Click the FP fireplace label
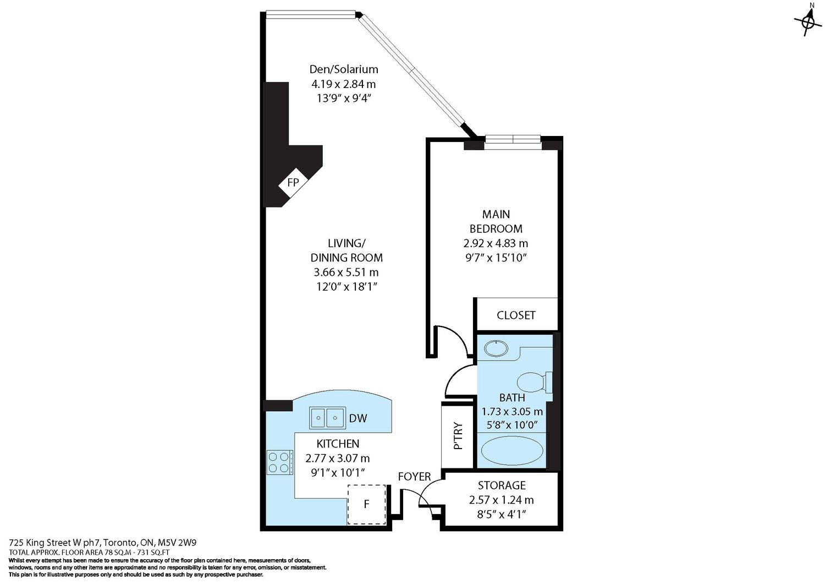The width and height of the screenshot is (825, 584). (x=293, y=183)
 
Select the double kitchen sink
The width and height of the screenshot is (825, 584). (x=327, y=418)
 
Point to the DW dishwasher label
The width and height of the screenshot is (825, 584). (x=358, y=418)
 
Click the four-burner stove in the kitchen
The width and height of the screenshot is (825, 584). (x=280, y=462)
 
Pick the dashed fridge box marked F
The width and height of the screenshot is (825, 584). (x=367, y=504)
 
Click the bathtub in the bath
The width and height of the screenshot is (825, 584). (x=512, y=451)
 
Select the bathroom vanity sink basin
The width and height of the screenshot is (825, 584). (x=496, y=348)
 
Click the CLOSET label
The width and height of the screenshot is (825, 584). (x=516, y=315)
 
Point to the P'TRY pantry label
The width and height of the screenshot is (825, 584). (x=458, y=436)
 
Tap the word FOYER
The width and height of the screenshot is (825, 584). (x=414, y=477)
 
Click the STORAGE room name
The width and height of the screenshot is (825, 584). (x=502, y=485)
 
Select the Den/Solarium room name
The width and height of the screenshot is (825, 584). (x=344, y=69)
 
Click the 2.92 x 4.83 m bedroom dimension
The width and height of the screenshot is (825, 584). (x=496, y=243)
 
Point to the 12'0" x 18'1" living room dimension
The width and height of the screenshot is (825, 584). (x=346, y=286)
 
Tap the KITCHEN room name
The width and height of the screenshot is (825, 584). (x=338, y=444)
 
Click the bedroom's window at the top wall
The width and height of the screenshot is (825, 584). (x=513, y=142)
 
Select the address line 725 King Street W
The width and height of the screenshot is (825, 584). (x=103, y=543)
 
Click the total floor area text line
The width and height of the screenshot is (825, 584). (x=89, y=552)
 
